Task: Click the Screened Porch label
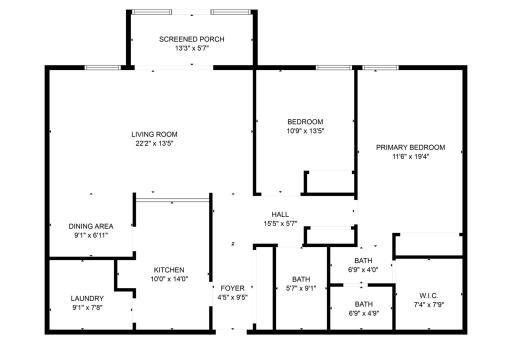(x=191, y=39)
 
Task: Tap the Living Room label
(x=154, y=134)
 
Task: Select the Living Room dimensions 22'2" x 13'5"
(x=154, y=143)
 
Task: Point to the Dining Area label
(x=90, y=226)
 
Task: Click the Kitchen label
(x=169, y=269)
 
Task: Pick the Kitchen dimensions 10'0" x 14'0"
(x=169, y=279)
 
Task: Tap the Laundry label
(x=87, y=298)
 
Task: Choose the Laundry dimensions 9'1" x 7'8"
(x=87, y=307)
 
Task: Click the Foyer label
(x=232, y=287)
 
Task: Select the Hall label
(x=280, y=214)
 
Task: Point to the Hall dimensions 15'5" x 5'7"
(x=280, y=223)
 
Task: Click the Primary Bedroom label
(x=410, y=147)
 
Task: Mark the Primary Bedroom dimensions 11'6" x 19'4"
(x=410, y=156)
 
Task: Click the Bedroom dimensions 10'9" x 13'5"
(x=305, y=131)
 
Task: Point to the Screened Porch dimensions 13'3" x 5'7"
(x=191, y=48)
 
